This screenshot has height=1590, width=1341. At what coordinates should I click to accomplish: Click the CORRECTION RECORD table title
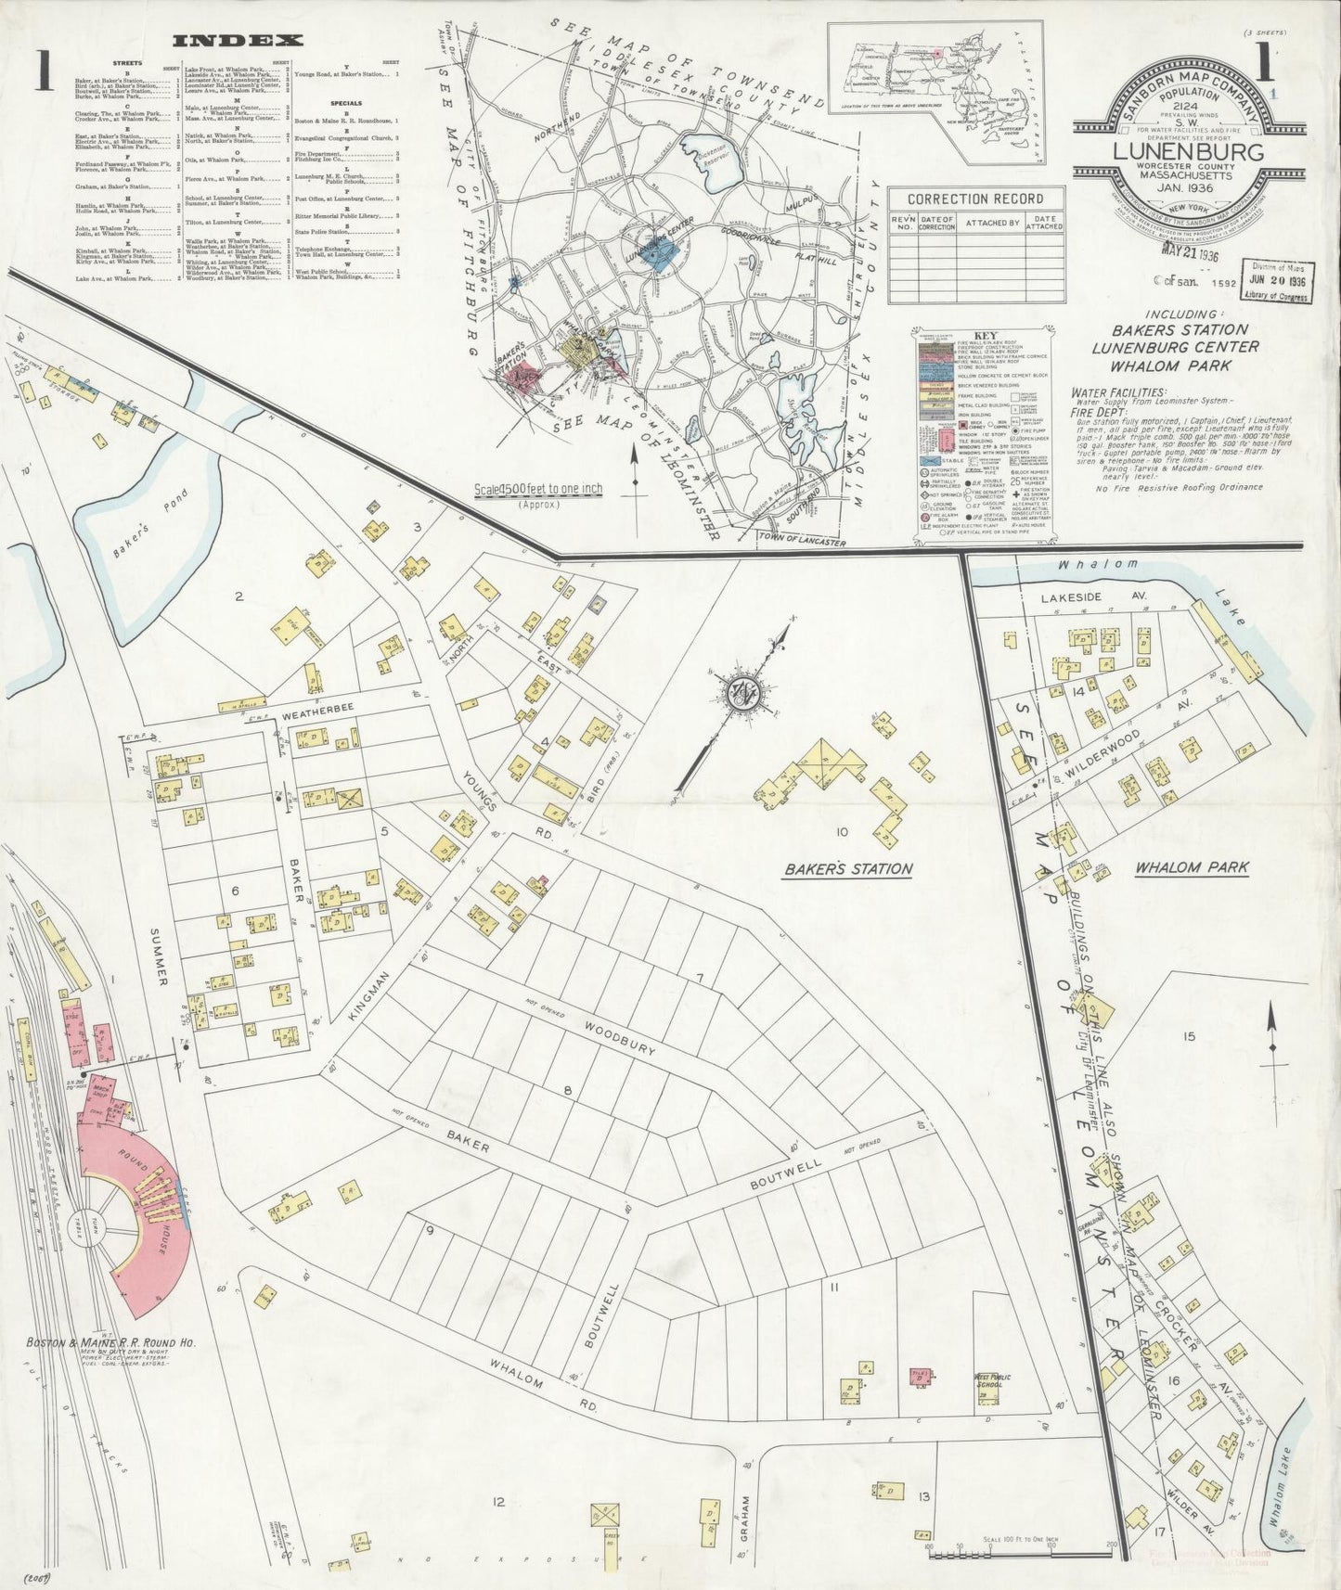(x=974, y=199)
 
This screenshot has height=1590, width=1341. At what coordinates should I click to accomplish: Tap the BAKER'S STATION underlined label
(x=847, y=869)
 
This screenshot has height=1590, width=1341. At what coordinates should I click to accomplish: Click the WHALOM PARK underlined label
(x=1192, y=868)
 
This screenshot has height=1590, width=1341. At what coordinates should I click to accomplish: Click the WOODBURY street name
(x=619, y=1038)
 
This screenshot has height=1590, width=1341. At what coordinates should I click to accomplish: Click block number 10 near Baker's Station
(x=841, y=832)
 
